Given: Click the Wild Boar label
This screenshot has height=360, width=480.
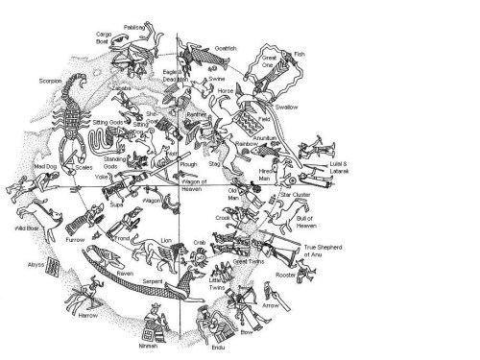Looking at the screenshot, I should click(25, 231).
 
